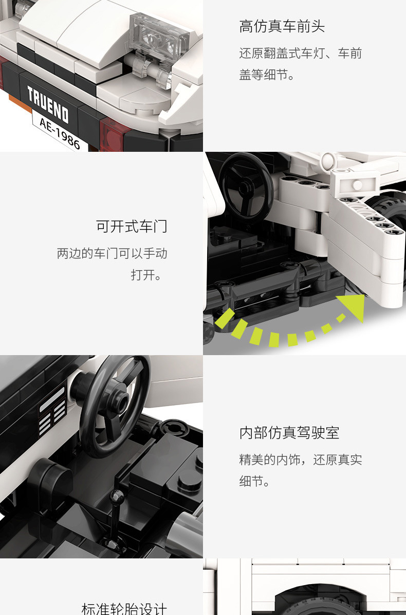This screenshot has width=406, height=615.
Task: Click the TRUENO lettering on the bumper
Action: click(x=48, y=104)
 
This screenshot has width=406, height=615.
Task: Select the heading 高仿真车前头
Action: click(x=282, y=26)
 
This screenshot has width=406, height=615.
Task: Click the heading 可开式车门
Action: click(x=132, y=226)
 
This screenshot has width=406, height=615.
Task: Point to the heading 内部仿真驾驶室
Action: click(x=289, y=433)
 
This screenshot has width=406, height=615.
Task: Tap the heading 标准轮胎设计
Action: click(x=124, y=609)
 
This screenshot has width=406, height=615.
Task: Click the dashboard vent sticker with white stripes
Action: click(x=52, y=410)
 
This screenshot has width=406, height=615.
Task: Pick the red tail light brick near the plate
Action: click(x=111, y=135)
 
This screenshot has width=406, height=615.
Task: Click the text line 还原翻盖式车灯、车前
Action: click(x=300, y=53)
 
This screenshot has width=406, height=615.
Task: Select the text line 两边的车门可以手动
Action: click(x=112, y=253)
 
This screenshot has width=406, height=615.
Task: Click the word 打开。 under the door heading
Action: click(x=146, y=274)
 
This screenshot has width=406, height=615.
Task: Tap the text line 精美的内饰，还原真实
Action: click(x=300, y=459)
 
